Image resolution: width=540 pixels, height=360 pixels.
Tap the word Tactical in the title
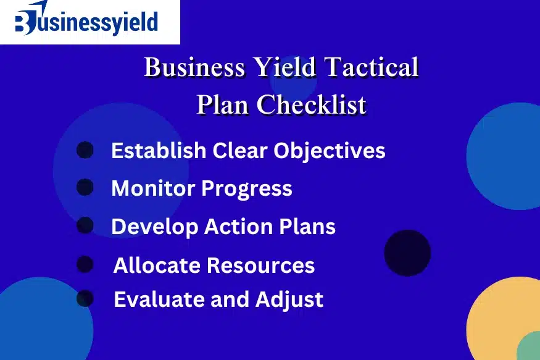click(372, 67)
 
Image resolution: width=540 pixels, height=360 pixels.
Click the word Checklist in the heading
click(311, 104)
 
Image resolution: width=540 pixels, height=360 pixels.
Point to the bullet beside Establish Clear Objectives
click(85, 149)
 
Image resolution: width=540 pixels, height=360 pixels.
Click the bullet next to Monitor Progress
click(85, 187)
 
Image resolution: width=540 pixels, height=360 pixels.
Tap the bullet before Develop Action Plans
click(85, 225)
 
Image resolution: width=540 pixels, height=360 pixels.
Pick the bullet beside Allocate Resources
click(85, 264)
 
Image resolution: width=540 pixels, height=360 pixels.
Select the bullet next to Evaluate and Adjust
click(85, 298)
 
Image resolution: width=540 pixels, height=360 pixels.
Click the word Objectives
click(329, 151)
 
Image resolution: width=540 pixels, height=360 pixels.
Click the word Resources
click(260, 266)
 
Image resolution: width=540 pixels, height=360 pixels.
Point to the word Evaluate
click(159, 299)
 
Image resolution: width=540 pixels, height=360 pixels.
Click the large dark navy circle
click(407, 253)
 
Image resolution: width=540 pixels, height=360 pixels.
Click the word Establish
click(159, 151)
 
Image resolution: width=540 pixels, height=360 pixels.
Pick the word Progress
click(247, 189)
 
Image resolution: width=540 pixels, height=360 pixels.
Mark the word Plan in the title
click(222, 104)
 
